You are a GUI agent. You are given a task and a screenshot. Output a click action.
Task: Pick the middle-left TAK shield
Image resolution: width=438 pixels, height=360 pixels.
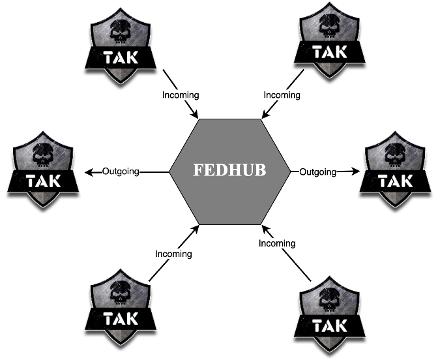click(x=46, y=170)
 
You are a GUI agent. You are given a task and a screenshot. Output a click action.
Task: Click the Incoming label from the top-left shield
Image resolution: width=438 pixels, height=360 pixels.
click(x=181, y=95)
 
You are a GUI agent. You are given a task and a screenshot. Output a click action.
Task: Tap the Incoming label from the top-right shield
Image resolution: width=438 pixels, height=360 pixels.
click(x=282, y=95)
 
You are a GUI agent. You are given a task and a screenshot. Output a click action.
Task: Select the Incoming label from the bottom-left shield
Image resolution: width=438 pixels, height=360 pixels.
click(x=173, y=254)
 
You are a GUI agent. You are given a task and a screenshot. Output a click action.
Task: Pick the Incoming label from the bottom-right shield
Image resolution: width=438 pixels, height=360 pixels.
click(x=277, y=244)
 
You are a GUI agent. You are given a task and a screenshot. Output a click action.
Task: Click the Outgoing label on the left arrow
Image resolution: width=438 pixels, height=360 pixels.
click(x=121, y=172)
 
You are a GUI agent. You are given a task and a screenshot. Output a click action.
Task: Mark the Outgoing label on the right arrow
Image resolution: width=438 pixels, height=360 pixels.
click(x=317, y=172)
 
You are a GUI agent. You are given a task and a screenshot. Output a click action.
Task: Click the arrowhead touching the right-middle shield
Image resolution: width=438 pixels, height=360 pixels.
click(x=356, y=172)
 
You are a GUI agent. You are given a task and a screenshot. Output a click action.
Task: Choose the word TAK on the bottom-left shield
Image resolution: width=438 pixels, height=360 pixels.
click(x=121, y=320)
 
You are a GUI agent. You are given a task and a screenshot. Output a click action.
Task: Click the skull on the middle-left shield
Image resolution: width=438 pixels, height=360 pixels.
click(x=46, y=153)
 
